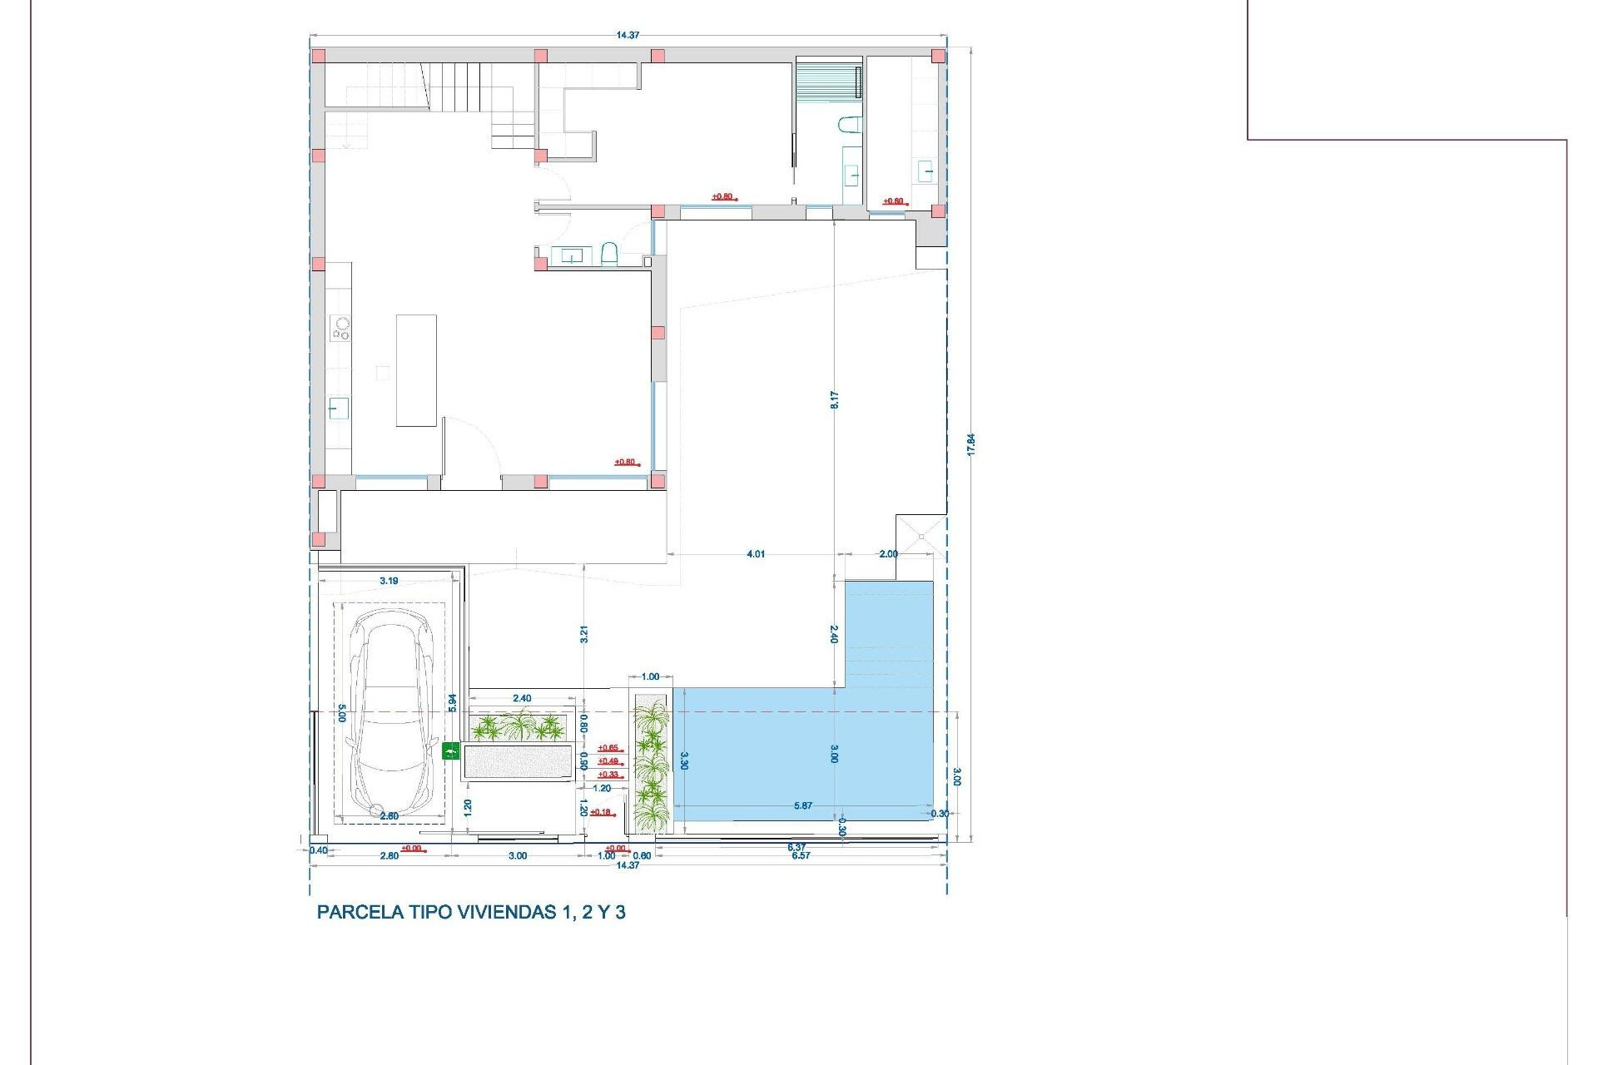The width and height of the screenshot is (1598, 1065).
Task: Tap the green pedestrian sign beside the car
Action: pyautogui.click(x=450, y=751)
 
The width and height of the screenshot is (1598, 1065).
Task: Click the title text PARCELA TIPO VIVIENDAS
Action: pyautogui.click(x=471, y=912)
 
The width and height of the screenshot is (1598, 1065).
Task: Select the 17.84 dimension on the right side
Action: pyautogui.click(x=970, y=443)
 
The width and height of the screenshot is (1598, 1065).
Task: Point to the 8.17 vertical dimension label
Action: pyautogui.click(x=834, y=399)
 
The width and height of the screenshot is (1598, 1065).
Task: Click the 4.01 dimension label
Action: pyautogui.click(x=756, y=554)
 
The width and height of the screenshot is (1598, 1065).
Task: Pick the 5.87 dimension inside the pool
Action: pyautogui.click(x=803, y=805)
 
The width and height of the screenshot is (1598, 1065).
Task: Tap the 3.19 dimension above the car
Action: pyautogui.click(x=389, y=581)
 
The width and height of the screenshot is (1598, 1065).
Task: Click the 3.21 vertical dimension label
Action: pyautogui.click(x=584, y=634)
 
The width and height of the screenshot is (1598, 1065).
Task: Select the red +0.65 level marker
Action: pyautogui.click(x=608, y=748)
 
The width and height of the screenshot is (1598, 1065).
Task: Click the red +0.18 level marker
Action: pyautogui.click(x=601, y=812)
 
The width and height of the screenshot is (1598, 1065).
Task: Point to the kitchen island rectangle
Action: pyautogui.click(x=416, y=370)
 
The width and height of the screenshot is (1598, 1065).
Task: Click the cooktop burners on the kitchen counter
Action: pyautogui.click(x=340, y=328)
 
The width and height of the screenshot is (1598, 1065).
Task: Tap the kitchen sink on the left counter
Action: pyautogui.click(x=338, y=408)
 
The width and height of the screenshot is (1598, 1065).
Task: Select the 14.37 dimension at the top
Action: pyautogui.click(x=628, y=35)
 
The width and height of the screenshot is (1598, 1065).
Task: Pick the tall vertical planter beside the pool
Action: pyautogui.click(x=651, y=763)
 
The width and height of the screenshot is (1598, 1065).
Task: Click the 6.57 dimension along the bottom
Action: pyautogui.click(x=801, y=855)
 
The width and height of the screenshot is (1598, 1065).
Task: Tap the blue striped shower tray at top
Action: pyautogui.click(x=827, y=82)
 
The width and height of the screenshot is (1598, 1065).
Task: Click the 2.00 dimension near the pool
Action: pyautogui.click(x=888, y=554)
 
